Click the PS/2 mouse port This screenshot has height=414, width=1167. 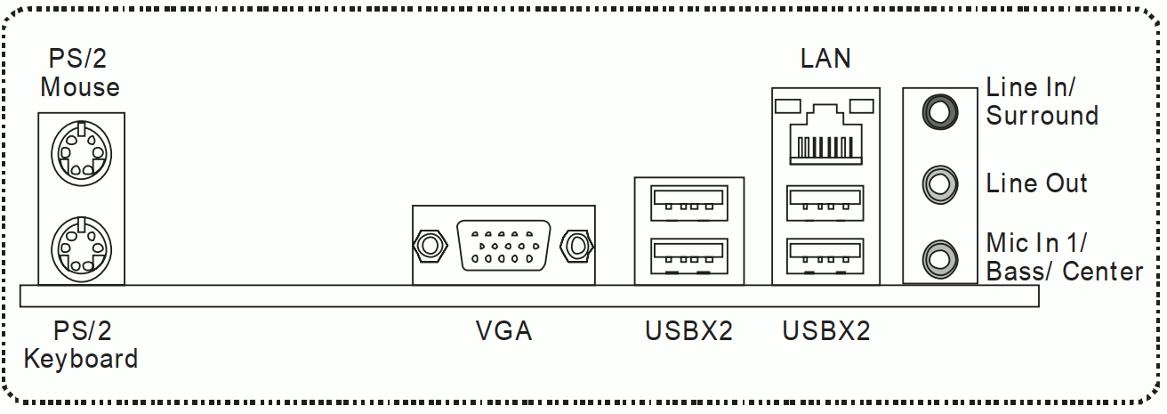tap(81, 154)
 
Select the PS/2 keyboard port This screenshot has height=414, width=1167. tap(81, 248)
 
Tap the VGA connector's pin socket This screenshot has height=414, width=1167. tap(503, 245)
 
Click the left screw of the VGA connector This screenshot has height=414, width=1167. tap(430, 245)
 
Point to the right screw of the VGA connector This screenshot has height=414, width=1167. tap(576, 245)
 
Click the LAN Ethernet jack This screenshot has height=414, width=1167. tap(825, 134)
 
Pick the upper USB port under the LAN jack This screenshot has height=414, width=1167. tap(825, 203)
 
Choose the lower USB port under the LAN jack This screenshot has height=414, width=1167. tap(825, 256)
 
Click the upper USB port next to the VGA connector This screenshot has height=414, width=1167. tap(688, 203)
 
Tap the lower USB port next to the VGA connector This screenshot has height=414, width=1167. tap(688, 256)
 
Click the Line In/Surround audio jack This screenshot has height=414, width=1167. tap(940, 111)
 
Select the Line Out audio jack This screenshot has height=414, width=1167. tap(940, 184)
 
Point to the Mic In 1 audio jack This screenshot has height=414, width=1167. tap(940, 258)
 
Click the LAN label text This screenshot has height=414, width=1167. tap(825, 59)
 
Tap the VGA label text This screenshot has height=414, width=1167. tap(503, 331)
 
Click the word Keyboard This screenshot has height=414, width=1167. tap(81, 360)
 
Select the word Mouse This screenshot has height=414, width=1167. tap(80, 87)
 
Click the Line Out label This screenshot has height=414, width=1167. tap(1036, 183)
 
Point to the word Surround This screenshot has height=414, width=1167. tap(1042, 115)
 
